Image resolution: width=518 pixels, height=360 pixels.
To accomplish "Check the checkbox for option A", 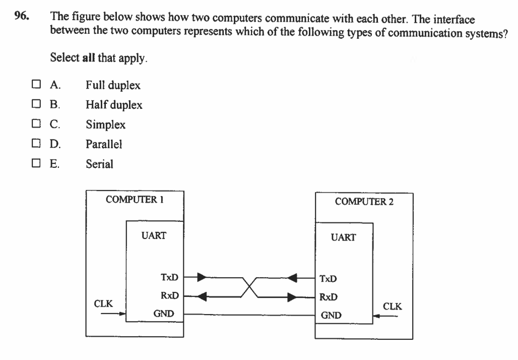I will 36,86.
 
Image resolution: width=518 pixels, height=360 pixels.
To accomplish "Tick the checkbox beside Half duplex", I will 36,105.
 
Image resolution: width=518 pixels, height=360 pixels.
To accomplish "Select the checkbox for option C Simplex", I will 36,125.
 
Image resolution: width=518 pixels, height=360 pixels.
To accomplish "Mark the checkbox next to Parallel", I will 36,144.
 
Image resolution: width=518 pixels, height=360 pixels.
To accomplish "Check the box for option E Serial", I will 36,163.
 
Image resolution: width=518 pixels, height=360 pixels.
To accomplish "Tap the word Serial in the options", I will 96,164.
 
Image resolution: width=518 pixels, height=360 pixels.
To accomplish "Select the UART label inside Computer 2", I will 344,237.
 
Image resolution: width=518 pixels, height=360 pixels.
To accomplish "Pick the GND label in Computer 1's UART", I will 164,314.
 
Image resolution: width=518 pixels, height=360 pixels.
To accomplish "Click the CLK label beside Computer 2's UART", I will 393,306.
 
